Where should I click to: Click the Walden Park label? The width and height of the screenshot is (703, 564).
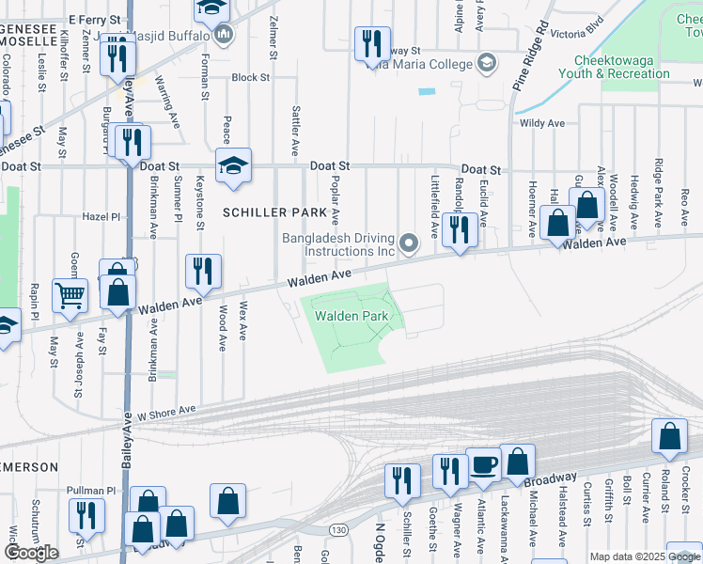351,317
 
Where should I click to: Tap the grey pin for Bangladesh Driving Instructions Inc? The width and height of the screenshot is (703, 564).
408,244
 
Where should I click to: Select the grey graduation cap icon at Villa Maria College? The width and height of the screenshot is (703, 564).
485,64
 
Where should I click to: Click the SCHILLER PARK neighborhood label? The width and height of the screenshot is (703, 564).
266,213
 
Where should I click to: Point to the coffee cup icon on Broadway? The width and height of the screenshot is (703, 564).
484,464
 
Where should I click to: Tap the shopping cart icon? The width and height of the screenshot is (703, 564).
70,295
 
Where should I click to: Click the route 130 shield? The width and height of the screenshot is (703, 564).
339,530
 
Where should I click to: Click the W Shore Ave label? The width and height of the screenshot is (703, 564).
165,410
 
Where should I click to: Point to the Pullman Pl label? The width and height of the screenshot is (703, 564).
91,491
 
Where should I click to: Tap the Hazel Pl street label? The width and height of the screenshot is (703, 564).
102,216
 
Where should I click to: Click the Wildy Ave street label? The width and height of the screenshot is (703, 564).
541,123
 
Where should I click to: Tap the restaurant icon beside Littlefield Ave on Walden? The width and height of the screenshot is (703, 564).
459,228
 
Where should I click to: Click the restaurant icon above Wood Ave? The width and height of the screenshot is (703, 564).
203,272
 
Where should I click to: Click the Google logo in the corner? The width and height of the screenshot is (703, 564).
32,553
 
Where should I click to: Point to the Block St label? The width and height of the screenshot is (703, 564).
250,78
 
